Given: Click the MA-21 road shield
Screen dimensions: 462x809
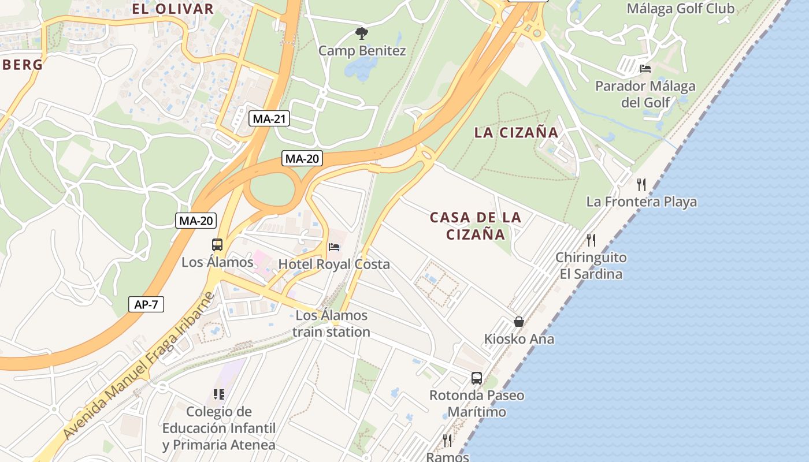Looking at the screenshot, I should (270, 119).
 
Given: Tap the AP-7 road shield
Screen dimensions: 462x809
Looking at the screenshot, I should (146, 304).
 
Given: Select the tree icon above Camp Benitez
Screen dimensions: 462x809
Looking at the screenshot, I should (362, 33).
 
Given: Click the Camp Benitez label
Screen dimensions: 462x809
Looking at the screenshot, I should (362, 51).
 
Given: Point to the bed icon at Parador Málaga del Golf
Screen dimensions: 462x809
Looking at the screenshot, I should (645, 69).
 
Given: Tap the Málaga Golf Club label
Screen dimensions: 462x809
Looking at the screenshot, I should (680, 8).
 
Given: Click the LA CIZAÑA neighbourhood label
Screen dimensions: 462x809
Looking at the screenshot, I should (516, 132).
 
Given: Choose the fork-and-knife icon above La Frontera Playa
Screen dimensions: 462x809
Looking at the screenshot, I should (641, 185).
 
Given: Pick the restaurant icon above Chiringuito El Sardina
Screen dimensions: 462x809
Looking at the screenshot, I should (591, 240).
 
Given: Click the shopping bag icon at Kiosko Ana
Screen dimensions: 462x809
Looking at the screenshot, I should (519, 322).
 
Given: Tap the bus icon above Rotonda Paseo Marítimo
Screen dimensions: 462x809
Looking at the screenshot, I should (477, 378).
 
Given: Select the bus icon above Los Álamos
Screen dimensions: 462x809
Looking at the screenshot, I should (217, 245).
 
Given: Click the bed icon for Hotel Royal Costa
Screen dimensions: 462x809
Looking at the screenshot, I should (334, 247).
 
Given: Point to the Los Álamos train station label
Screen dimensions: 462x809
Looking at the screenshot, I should (331, 323).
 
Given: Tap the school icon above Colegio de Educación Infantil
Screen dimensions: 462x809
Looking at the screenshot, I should (218, 394).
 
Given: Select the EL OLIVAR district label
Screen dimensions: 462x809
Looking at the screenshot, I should (173, 9).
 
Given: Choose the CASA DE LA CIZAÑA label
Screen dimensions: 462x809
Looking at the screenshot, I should (476, 226).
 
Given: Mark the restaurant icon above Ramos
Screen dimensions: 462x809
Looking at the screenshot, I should (447, 441).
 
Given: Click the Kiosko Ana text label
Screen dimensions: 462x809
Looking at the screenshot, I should (519, 339).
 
